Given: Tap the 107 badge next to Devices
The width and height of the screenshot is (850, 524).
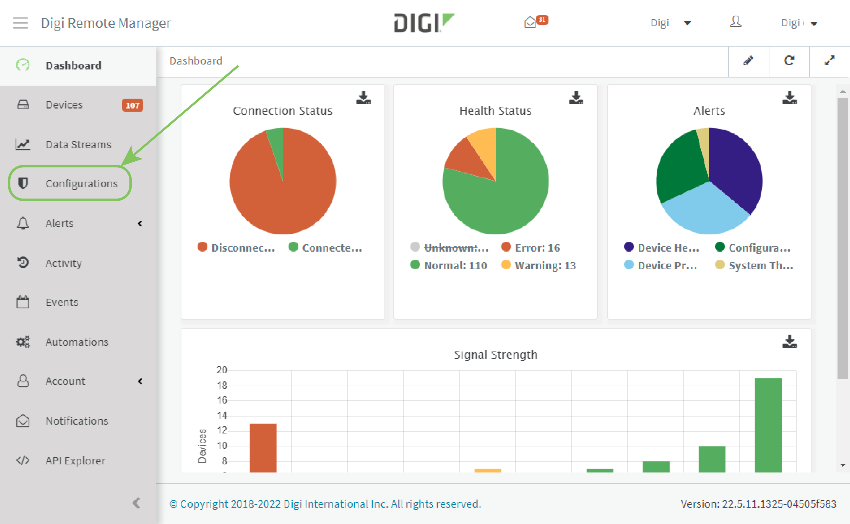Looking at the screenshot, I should point(132,105).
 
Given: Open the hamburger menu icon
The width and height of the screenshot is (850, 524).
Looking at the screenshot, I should point(21,23).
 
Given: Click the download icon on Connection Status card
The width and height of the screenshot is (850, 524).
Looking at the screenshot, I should point(363,98).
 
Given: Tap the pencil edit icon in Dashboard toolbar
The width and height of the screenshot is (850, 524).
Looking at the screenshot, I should point(748,61).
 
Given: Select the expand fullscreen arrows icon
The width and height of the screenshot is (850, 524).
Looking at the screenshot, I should point(829,61).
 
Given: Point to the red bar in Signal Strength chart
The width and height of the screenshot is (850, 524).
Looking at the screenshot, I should point(263,447).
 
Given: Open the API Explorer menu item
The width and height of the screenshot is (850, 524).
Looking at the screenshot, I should point(75,461).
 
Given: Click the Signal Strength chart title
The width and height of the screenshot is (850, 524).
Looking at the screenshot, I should point(495,355).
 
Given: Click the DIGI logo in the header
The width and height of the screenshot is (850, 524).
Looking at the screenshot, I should point(423,23).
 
